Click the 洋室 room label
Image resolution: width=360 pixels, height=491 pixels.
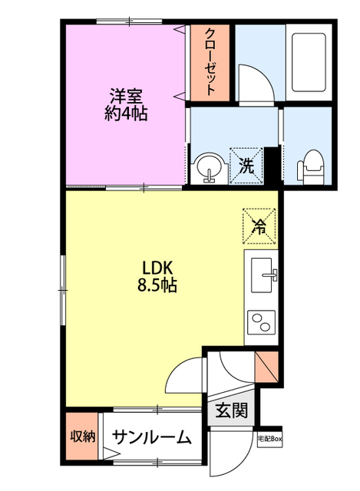click(x=126, y=96)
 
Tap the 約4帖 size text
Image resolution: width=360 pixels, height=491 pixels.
click(x=126, y=114)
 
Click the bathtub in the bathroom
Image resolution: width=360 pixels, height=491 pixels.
click(x=309, y=62)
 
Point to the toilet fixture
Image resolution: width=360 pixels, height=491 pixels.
click(x=310, y=167)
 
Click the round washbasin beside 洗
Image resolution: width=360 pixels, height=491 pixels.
click(x=209, y=168)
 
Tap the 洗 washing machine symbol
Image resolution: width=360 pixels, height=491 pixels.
click(x=246, y=166)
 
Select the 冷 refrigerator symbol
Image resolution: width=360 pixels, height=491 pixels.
click(x=259, y=226)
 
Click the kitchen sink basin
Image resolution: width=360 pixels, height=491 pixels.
click(x=261, y=275)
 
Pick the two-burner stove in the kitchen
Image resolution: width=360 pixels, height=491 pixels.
click(x=261, y=322)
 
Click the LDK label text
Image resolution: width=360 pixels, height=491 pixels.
click(x=157, y=268)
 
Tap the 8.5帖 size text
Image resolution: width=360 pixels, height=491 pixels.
click(x=157, y=285)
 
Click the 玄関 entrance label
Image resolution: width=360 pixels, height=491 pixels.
click(x=232, y=410)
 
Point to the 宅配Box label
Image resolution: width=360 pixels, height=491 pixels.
click(x=269, y=439)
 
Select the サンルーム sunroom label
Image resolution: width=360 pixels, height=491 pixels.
click(x=151, y=437)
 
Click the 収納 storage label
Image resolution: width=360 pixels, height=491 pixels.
click(x=82, y=437)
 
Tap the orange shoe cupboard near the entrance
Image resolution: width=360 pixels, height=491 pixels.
click(x=266, y=367)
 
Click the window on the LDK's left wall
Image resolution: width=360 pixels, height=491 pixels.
click(x=63, y=290)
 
